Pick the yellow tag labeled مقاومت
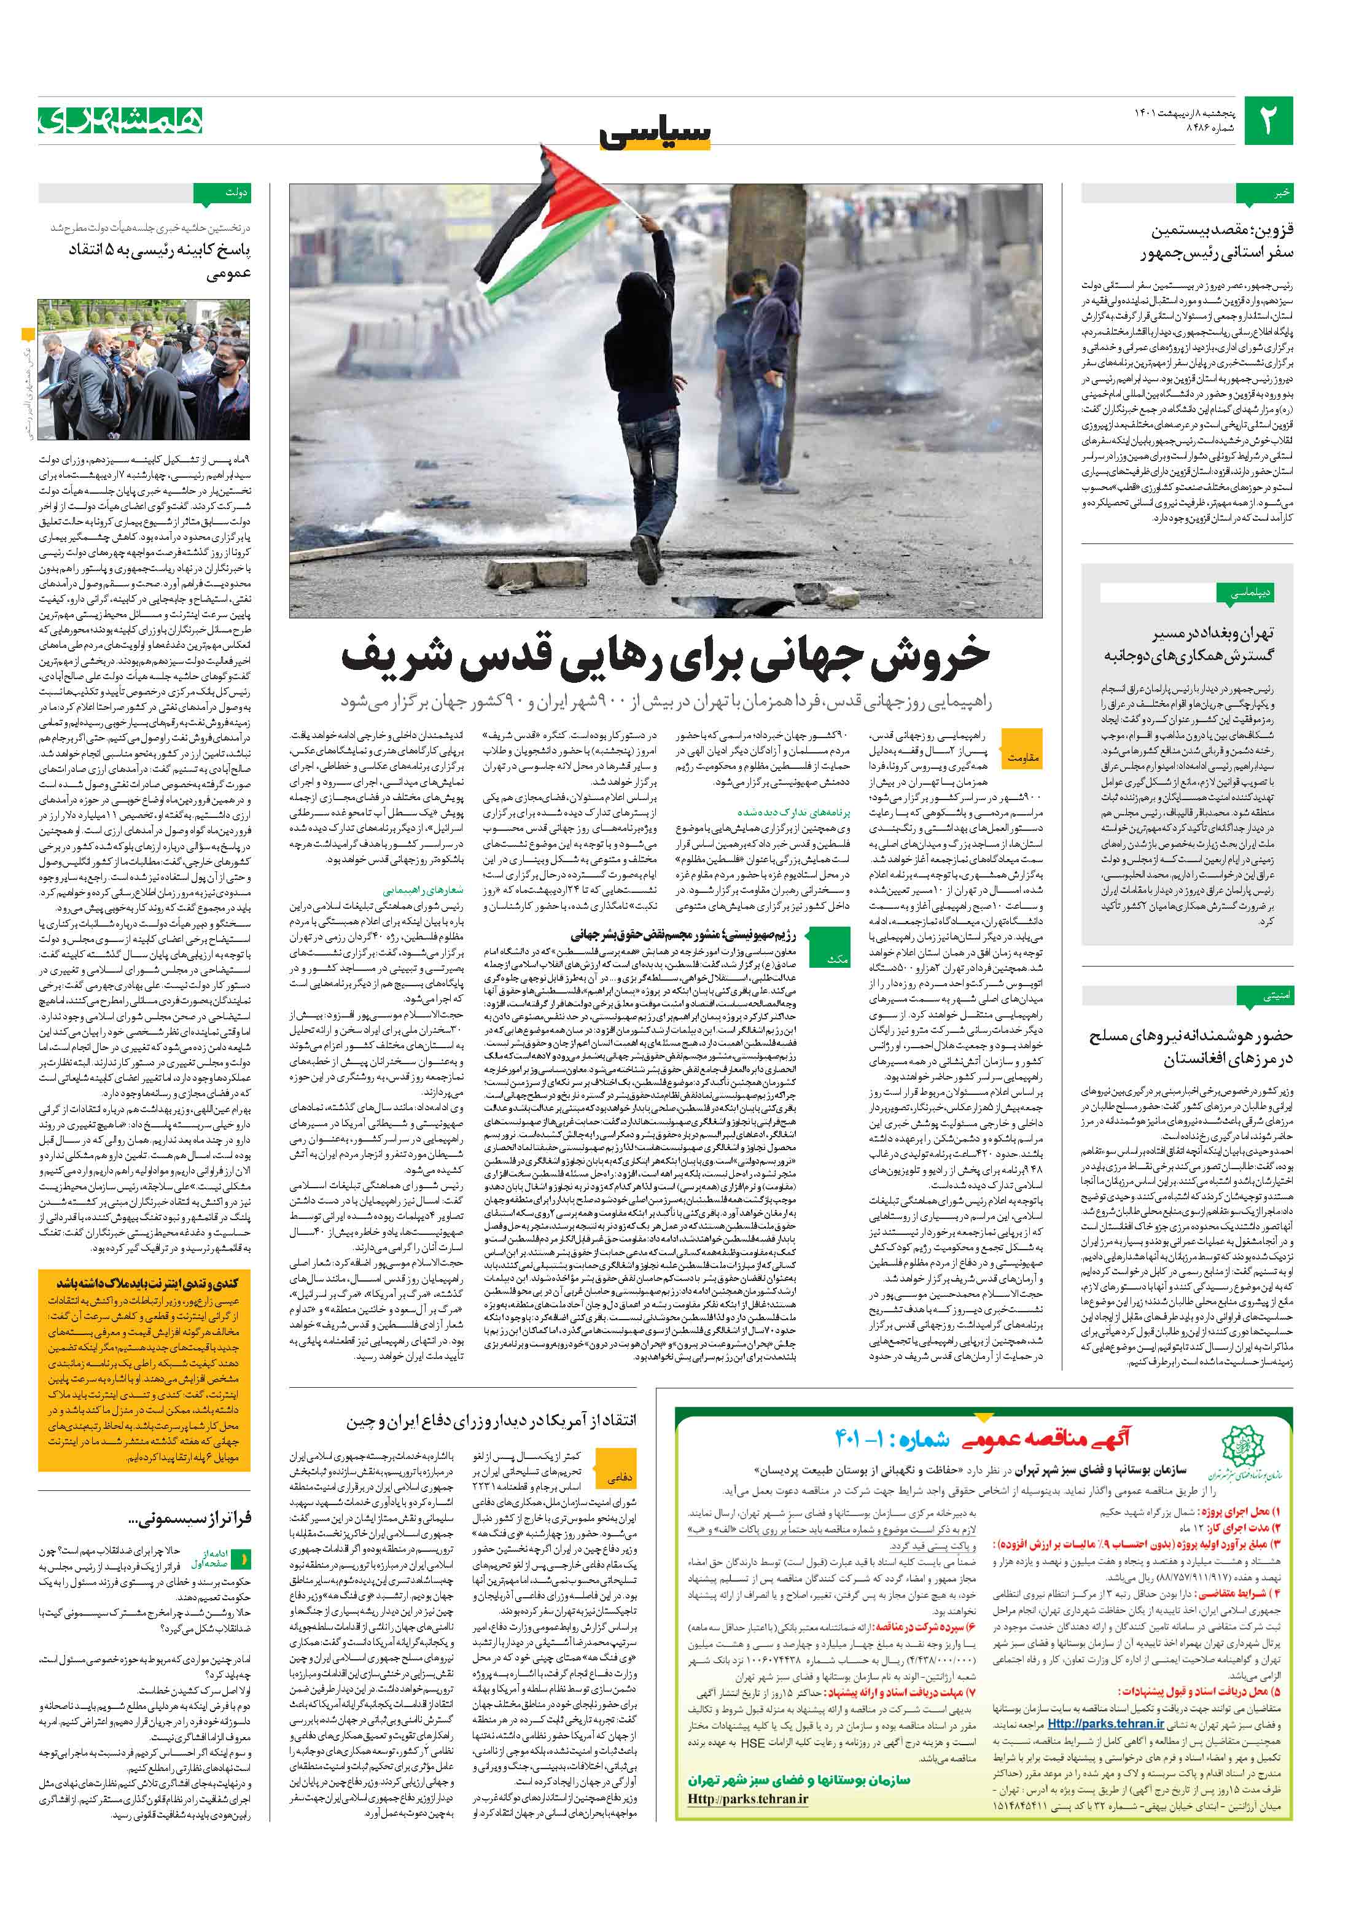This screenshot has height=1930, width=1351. (1023, 757)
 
